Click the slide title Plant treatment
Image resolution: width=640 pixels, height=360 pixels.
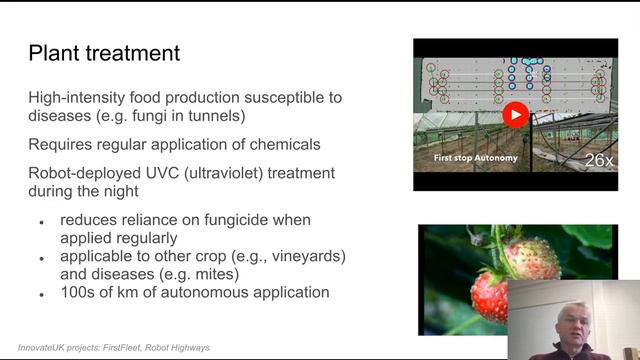coord(104,53)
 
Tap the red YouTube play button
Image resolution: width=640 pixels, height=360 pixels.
coord(515,115)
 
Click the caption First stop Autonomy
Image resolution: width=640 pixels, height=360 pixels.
coord(473,158)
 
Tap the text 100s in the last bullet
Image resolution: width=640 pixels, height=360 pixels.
coord(79,293)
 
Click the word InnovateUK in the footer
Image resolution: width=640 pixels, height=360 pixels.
coord(50,348)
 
